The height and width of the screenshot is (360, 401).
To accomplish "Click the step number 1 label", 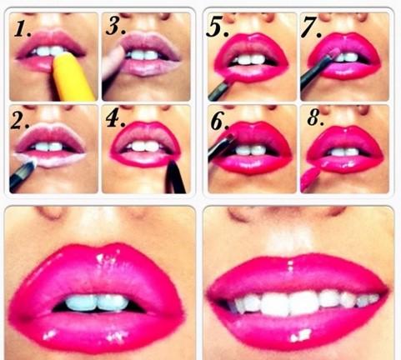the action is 23,29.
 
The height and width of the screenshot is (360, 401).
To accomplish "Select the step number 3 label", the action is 116,27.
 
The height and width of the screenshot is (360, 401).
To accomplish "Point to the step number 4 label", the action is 116,119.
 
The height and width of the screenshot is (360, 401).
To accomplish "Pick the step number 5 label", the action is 217,27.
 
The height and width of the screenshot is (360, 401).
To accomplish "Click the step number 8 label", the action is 316,118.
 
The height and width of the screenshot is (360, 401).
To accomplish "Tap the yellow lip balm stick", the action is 73,77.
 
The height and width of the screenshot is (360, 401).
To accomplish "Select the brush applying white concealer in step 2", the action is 23,176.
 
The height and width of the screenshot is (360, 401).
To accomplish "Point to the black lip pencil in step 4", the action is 175,177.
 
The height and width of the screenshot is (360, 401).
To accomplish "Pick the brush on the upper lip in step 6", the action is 222,144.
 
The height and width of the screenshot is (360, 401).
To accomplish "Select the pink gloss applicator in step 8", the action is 310,177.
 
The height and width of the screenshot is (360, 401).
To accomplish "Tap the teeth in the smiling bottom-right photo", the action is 303,302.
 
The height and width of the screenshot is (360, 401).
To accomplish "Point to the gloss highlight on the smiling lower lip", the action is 300,335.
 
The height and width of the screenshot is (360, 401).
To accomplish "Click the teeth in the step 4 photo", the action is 145,146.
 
